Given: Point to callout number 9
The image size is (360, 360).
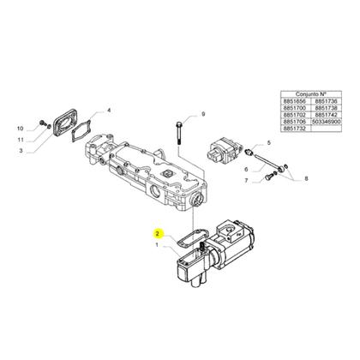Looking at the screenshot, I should coord(203,114).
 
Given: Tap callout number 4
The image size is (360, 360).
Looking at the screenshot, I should coord(109,111).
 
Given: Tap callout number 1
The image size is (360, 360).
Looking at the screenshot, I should coord(156,246).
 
